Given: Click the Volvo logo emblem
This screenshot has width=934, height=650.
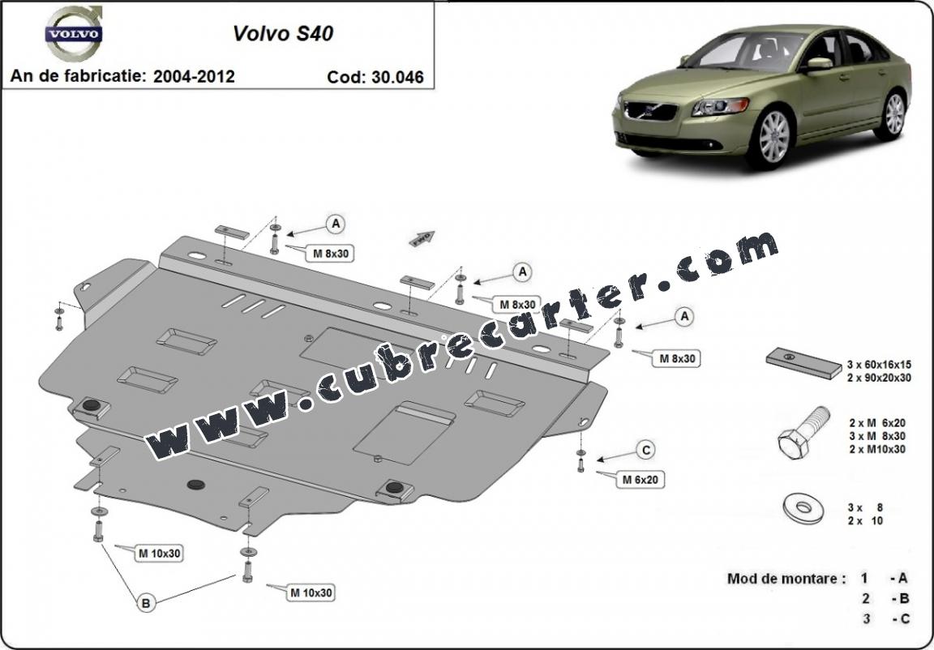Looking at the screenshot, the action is tap(73, 33).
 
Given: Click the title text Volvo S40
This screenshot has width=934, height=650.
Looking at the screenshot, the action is tap(282, 33).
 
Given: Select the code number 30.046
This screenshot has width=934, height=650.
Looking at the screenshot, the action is tap(397, 77).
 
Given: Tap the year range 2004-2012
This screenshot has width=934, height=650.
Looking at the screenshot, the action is tap(194, 76).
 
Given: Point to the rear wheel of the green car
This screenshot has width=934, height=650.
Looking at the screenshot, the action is tap(893, 114).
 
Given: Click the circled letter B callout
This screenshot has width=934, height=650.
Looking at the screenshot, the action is tap(145, 603).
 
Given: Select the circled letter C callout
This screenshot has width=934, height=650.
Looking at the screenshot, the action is tap(645, 450).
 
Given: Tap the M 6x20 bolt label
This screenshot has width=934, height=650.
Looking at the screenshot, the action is tap(641, 479).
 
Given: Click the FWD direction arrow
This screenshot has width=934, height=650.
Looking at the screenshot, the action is tap(422, 238).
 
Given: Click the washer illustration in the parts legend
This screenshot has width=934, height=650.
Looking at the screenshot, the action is tap(803, 507).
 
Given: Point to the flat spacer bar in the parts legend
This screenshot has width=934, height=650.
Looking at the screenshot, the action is tap(804, 363).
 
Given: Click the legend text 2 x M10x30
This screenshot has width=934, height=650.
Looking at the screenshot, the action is tap(877, 449).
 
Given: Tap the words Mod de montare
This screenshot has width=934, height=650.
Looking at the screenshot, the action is tap(786, 578).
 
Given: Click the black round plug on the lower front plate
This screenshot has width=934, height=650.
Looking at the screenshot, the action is tap(196, 484).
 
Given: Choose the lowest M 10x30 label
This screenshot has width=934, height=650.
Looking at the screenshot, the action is tap(311, 592).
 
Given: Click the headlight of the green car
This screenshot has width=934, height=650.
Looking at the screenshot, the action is tap(720, 107).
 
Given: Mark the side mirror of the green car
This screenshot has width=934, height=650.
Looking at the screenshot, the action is tap(819, 64).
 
